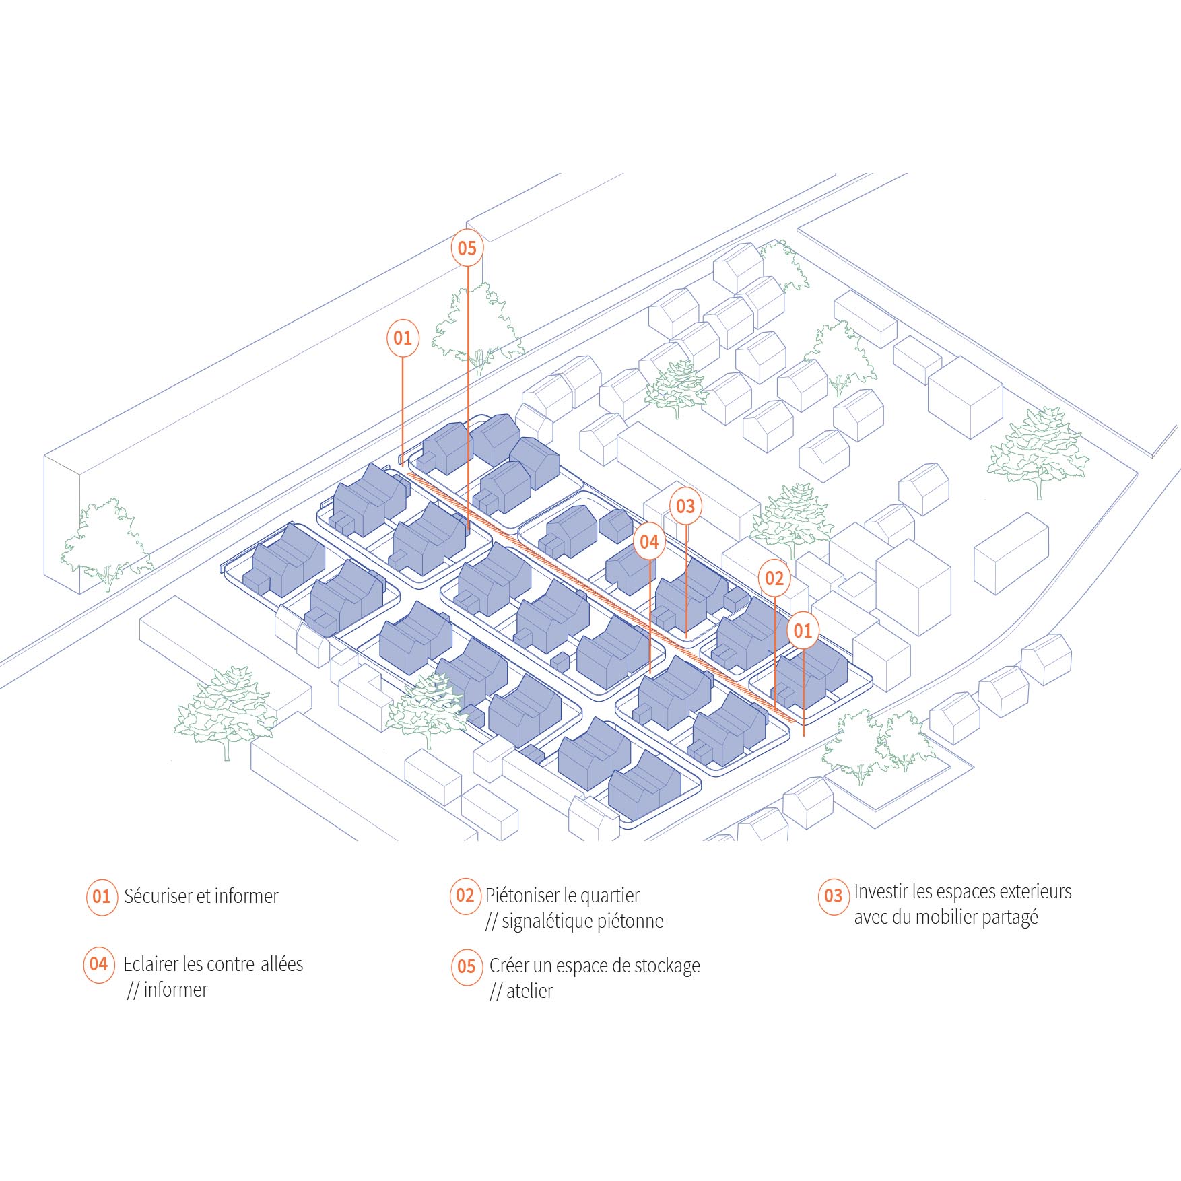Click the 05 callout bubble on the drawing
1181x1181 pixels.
tap(467, 248)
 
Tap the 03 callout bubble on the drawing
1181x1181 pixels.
tap(685, 506)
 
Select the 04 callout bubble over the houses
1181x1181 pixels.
tap(649, 541)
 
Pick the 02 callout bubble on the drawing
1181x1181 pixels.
tap(774, 578)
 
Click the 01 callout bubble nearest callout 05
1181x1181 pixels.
tap(403, 337)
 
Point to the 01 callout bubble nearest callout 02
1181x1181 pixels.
tap(803, 630)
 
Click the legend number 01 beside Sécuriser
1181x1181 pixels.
tap(101, 896)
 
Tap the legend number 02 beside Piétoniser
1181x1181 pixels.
tap(465, 895)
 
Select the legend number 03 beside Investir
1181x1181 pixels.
tap(834, 896)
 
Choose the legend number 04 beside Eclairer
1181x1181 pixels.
tap(99, 964)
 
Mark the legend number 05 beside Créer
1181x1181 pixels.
tap(467, 967)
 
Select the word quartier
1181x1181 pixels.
tap(609, 896)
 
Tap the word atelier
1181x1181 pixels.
tap(529, 991)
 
